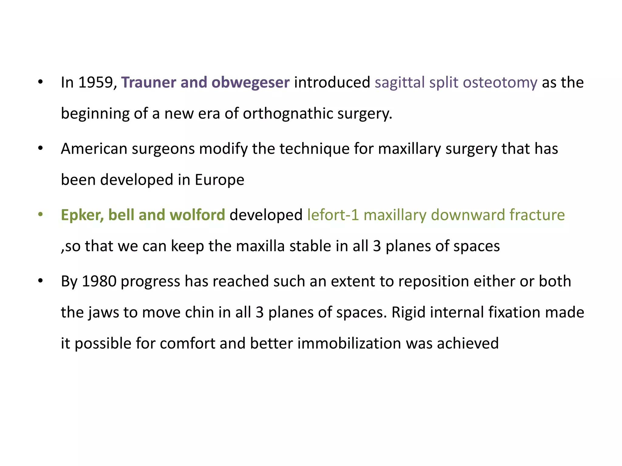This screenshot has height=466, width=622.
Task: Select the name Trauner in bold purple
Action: (x=149, y=83)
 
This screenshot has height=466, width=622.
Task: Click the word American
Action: (x=94, y=149)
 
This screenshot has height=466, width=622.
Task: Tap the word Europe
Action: (x=219, y=180)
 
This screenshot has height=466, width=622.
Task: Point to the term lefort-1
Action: (x=333, y=215)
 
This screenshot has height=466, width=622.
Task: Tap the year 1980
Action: (x=99, y=281)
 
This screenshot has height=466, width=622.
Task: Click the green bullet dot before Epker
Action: (x=40, y=214)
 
